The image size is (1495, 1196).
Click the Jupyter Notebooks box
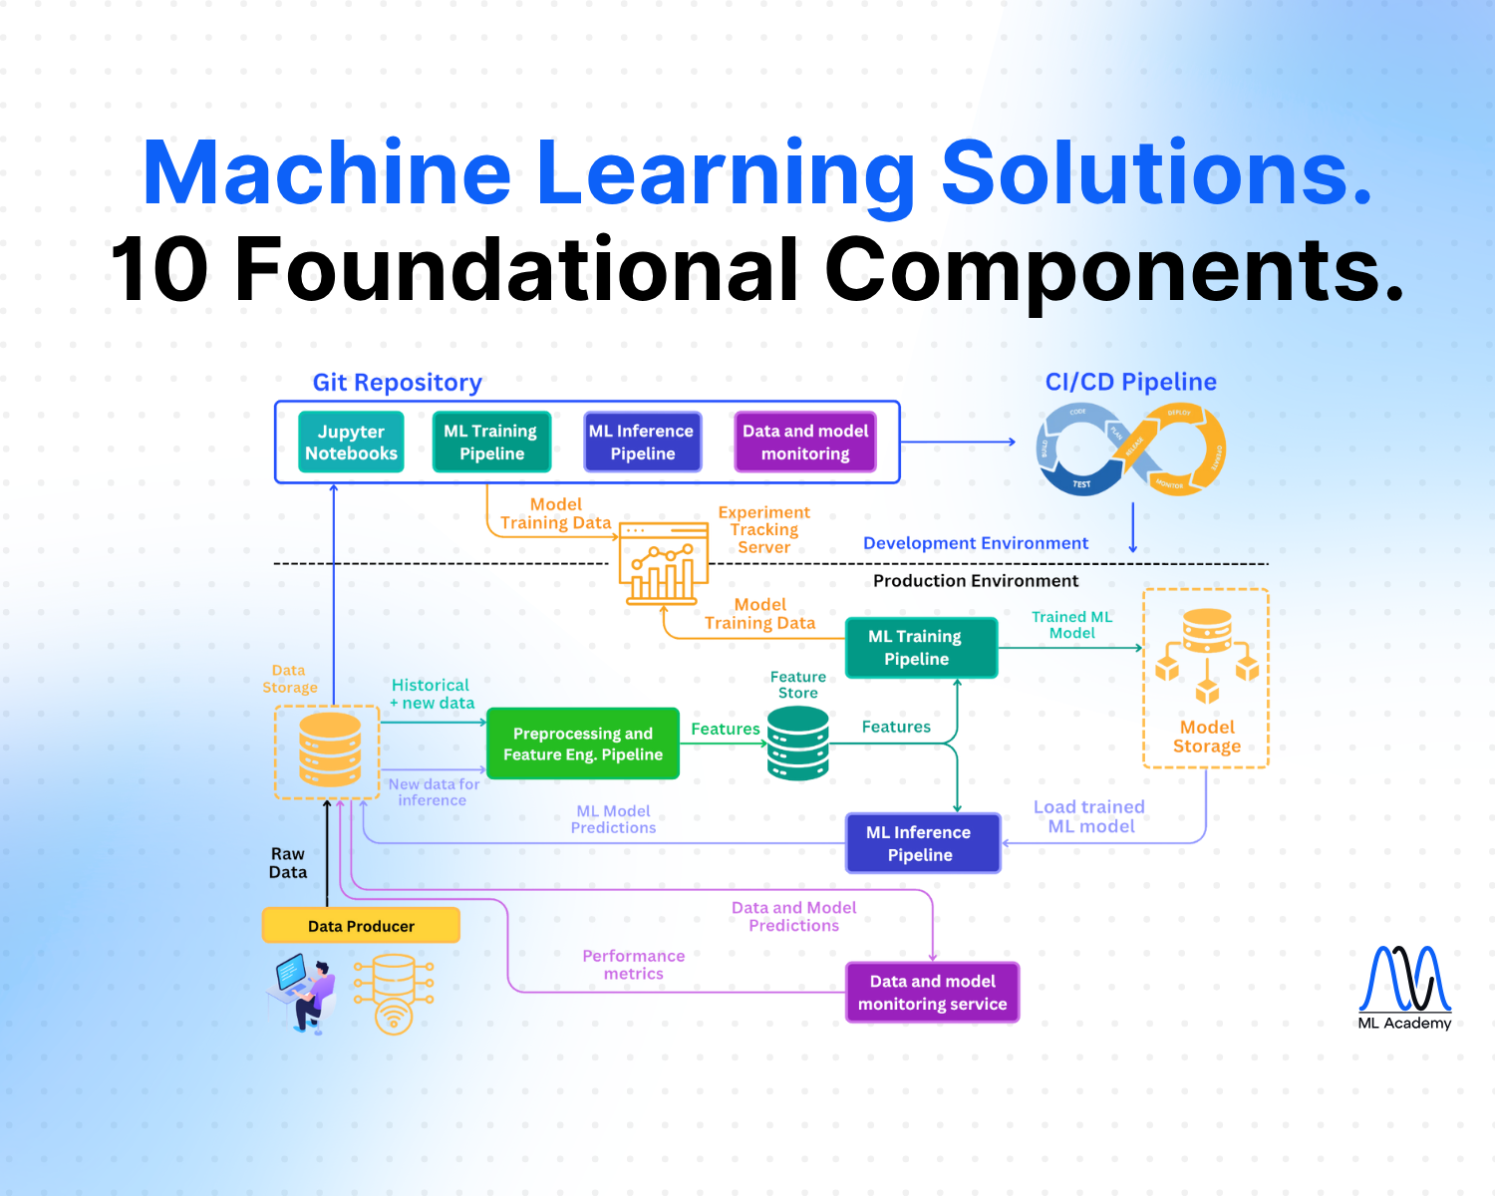(x=351, y=442)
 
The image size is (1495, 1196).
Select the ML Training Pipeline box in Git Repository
(x=491, y=442)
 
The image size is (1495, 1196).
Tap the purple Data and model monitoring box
(x=805, y=442)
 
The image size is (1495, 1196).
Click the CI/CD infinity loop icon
(x=1130, y=449)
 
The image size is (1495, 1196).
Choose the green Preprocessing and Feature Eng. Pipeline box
(x=583, y=744)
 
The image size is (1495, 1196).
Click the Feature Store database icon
(x=798, y=743)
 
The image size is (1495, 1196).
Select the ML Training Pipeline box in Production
(x=921, y=648)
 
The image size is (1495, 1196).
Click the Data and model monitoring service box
(x=932, y=992)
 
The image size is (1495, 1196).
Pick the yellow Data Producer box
(x=361, y=926)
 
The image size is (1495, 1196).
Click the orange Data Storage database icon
(x=330, y=749)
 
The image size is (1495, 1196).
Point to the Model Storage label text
(x=1207, y=737)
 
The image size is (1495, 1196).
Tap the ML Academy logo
(x=1404, y=987)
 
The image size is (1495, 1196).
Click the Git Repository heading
(x=397, y=383)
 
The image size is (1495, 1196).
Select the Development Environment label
(x=975, y=543)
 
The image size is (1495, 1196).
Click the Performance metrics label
(x=633, y=965)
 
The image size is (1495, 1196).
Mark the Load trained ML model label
(x=1089, y=816)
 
